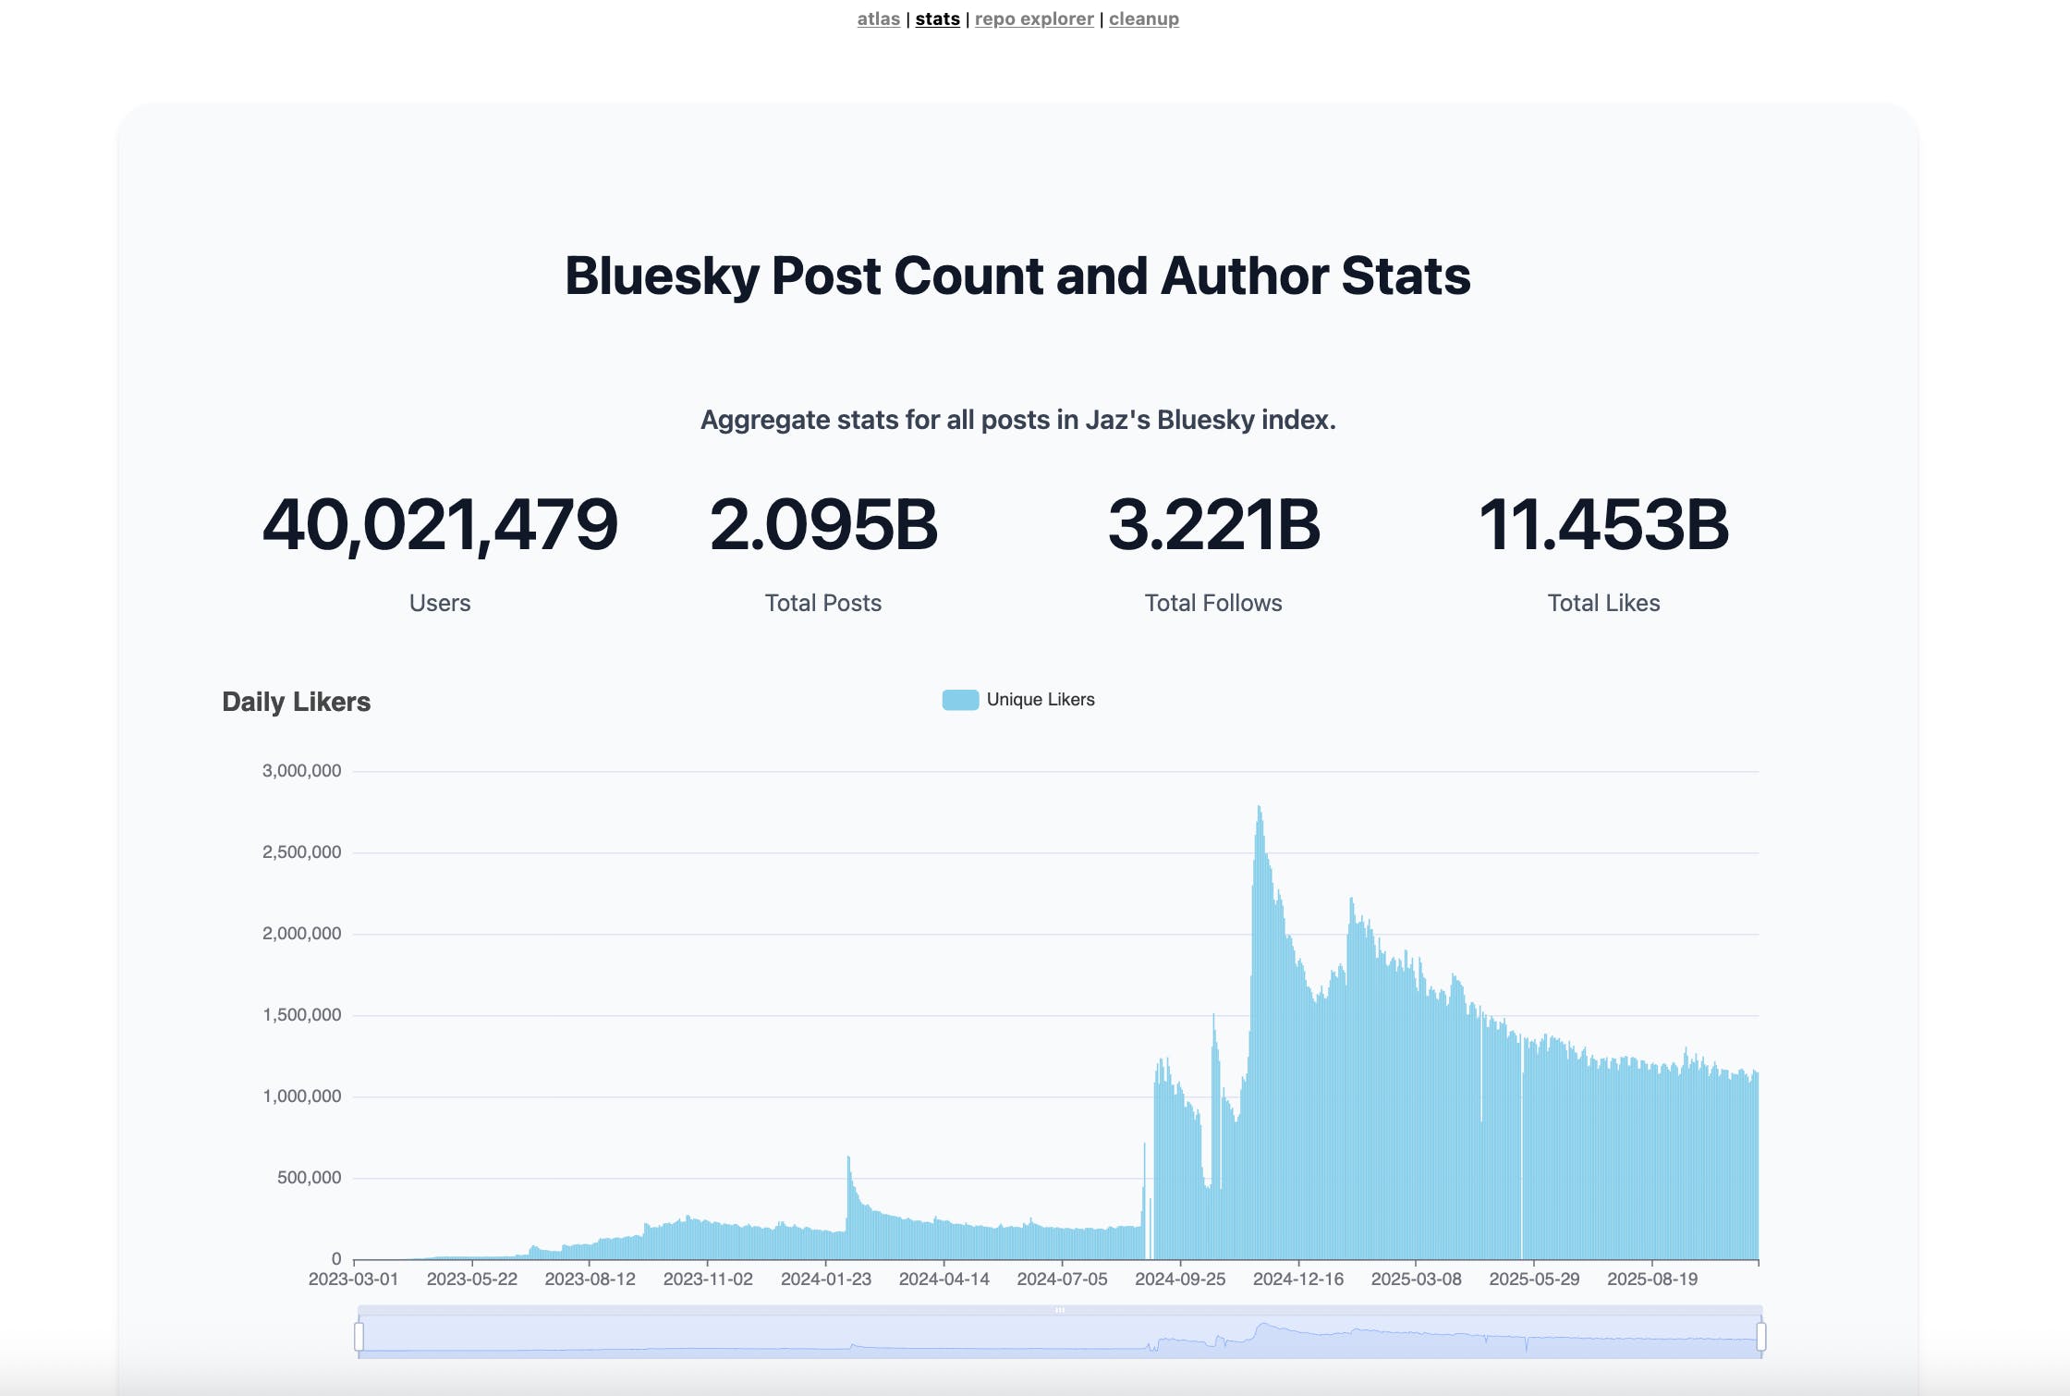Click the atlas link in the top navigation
pyautogui.click(x=878, y=18)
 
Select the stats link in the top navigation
pyautogui.click(x=937, y=18)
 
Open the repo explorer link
pyautogui.click(x=1033, y=18)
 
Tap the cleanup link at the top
pyautogui.click(x=1143, y=18)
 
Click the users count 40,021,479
pyautogui.click(x=440, y=524)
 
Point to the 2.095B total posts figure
pyautogui.click(x=823, y=524)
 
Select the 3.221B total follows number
pyautogui.click(x=1213, y=524)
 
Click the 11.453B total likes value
pyautogui.click(x=1603, y=524)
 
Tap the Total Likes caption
pyautogui.click(x=1603, y=603)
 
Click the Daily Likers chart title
pyautogui.click(x=296, y=702)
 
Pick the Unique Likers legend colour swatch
pyautogui.click(x=960, y=700)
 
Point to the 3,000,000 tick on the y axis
pyautogui.click(x=301, y=771)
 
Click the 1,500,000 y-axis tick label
pyautogui.click(x=301, y=1015)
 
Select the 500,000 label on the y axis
pyautogui.click(x=309, y=1178)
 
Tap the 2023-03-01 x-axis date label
pyautogui.click(x=353, y=1280)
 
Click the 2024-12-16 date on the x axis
pyautogui.click(x=1297, y=1280)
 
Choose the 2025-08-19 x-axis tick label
pyautogui.click(x=1651, y=1280)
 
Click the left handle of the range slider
pyautogui.click(x=359, y=1337)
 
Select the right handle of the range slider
pyautogui.click(x=1761, y=1337)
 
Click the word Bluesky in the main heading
pyautogui.click(x=662, y=276)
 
